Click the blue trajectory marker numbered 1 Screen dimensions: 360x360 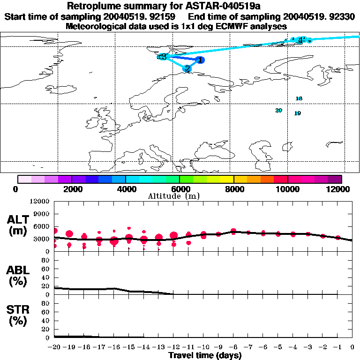pos(200,60)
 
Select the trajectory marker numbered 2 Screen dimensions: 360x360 pos(187,68)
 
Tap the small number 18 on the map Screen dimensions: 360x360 pos(299,98)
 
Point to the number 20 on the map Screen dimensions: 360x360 pos(278,110)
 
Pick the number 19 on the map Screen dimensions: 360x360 pos(297,113)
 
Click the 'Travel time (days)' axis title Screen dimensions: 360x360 pos(205,356)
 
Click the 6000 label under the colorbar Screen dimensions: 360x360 pos(179,189)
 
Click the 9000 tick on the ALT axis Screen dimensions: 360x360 pos(42,214)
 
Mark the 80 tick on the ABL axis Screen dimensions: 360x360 pos(46,261)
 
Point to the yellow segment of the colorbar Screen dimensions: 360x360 pos(226,179)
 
